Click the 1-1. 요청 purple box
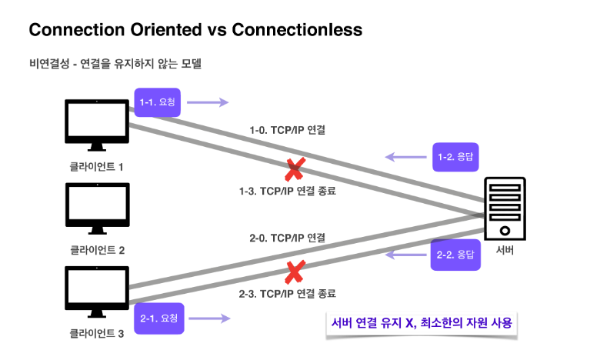159,102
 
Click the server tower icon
505,208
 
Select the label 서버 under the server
505,251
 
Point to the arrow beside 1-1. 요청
208,102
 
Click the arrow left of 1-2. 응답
405,157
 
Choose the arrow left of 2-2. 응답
405,253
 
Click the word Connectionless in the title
296,30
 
